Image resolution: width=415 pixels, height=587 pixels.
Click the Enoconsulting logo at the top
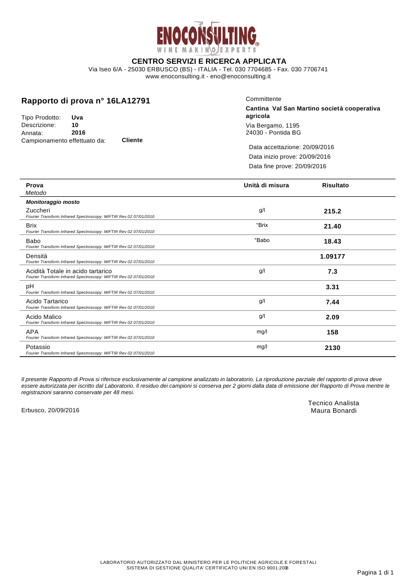pyautogui.click(x=207, y=38)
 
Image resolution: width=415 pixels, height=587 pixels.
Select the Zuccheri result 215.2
pyautogui.click(x=333, y=211)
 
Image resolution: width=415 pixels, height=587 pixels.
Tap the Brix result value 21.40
pyautogui.click(x=333, y=226)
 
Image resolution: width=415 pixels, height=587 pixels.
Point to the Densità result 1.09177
pyautogui.click(x=333, y=257)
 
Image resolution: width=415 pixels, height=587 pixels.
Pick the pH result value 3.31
pyautogui.click(x=333, y=287)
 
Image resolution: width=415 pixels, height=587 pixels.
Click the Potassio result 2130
pyautogui.click(x=333, y=347)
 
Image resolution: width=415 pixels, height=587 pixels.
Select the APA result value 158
pyautogui.click(x=333, y=332)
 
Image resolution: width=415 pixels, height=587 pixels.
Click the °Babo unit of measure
pyautogui.click(x=262, y=241)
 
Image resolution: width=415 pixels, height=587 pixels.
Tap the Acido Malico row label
pyautogui.click(x=44, y=317)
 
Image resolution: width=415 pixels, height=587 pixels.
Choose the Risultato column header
pyautogui.click(x=335, y=186)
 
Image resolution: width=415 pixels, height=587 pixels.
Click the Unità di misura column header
pyautogui.click(x=266, y=186)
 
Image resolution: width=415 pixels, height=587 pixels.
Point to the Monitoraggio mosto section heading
pyautogui.click(x=53, y=202)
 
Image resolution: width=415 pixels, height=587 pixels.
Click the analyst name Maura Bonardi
pyautogui.click(x=334, y=411)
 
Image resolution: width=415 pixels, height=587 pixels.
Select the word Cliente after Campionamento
pyautogui.click(x=132, y=140)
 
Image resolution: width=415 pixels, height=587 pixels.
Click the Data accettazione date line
pyautogui.click(x=291, y=147)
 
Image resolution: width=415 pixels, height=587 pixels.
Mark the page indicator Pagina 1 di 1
pyautogui.click(x=375, y=572)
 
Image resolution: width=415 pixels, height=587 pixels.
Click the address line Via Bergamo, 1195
pyautogui.click(x=272, y=126)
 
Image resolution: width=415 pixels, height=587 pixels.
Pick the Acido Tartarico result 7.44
pyautogui.click(x=333, y=302)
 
